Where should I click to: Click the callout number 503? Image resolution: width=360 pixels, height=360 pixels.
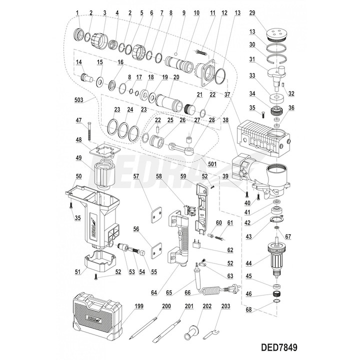click(78, 100)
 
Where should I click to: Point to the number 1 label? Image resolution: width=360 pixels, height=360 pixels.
click(77, 12)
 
